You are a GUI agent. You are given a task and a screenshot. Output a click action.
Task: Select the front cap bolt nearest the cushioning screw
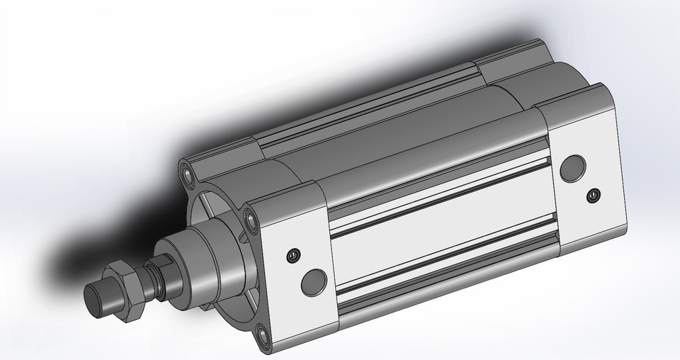coord(249,215)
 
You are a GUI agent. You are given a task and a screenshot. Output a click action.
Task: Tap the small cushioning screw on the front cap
coord(291,256)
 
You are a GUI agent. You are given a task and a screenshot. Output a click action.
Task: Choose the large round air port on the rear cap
coord(572,168)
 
